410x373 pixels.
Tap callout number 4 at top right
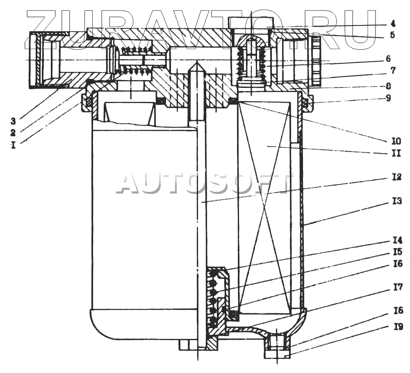[393, 23]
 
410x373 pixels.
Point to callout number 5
[393, 35]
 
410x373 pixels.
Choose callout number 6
[393, 59]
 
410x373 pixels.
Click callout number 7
[393, 71]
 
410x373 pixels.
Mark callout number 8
[393, 87]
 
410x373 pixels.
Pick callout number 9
[393, 99]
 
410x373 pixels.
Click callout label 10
[395, 141]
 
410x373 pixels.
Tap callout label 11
[395, 154]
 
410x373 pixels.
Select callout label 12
[395, 177]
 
